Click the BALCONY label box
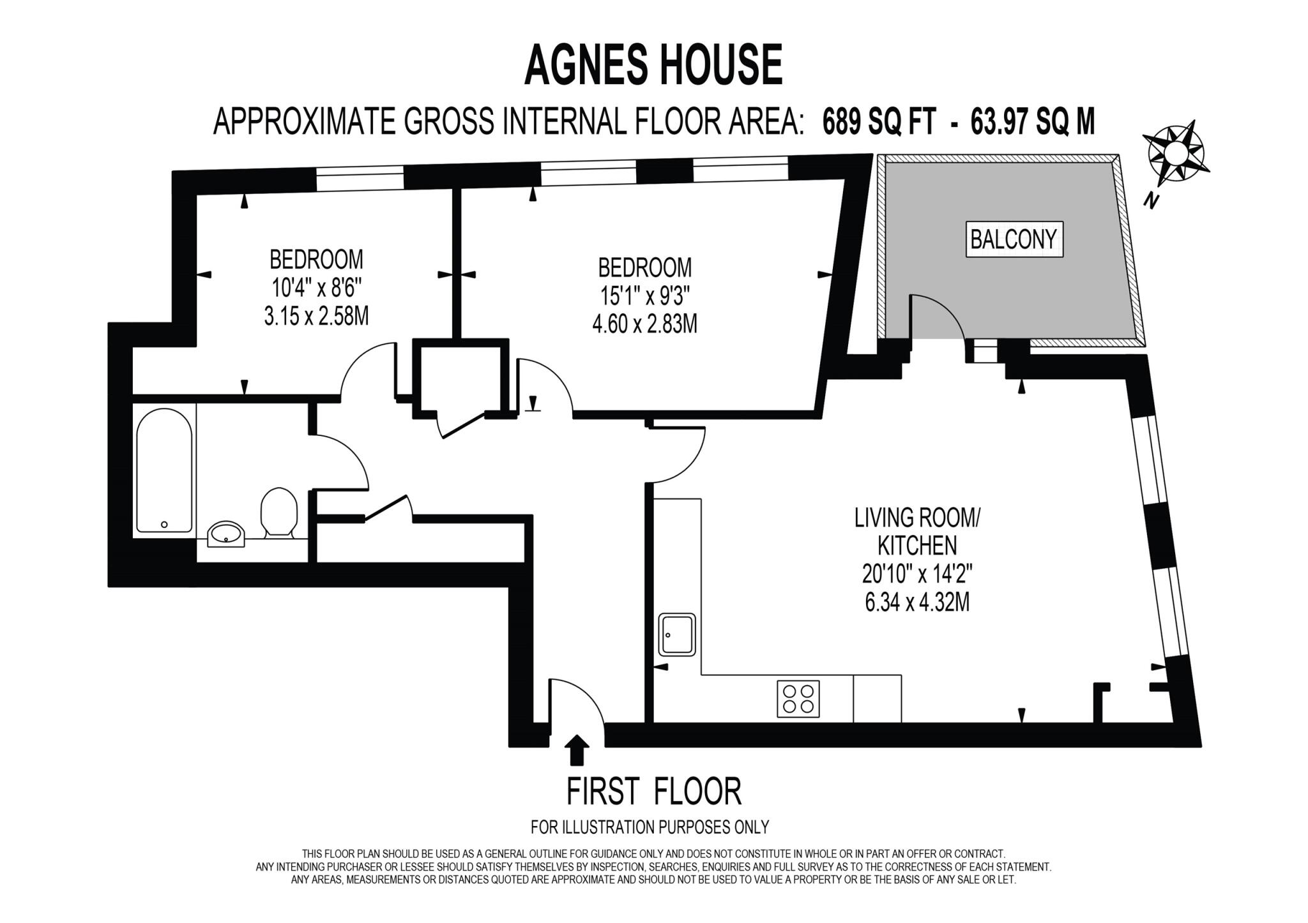[x=1014, y=239]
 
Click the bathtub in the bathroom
[x=164, y=470]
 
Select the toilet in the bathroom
[x=279, y=511]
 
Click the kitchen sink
[x=677, y=634]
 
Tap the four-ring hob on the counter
[x=798, y=699]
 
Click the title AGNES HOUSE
[x=653, y=65]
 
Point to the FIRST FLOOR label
[x=653, y=792]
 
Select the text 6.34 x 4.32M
[x=917, y=602]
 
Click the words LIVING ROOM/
[x=917, y=518]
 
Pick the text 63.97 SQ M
[x=1033, y=121]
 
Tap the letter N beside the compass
[x=1151, y=201]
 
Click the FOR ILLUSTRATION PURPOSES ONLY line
[x=650, y=827]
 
